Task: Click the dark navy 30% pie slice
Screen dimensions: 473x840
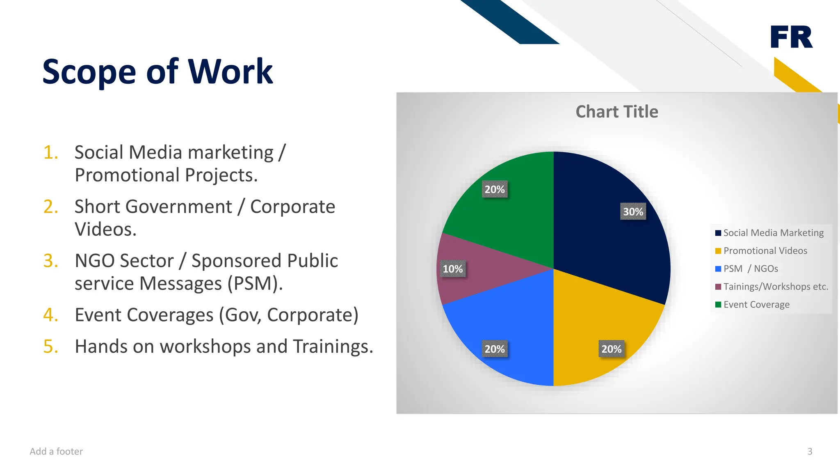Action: coord(607,230)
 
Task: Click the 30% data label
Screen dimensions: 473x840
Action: coord(633,212)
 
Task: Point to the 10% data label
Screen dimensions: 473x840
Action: coord(452,269)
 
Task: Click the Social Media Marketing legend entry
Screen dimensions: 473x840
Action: coord(773,233)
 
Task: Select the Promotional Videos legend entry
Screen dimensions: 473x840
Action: coord(765,251)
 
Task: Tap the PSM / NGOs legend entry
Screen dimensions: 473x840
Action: coord(751,269)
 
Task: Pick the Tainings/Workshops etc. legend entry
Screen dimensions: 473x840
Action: coord(776,287)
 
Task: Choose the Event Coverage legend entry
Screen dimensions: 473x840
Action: coord(756,305)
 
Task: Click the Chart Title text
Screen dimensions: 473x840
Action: coord(617,112)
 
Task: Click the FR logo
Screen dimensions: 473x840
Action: coord(791,37)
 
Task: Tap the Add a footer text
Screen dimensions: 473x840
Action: coord(56,452)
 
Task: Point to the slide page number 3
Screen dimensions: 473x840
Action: coord(810,452)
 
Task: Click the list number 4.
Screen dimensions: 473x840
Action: coord(50,315)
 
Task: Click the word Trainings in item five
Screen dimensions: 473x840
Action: coord(330,347)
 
